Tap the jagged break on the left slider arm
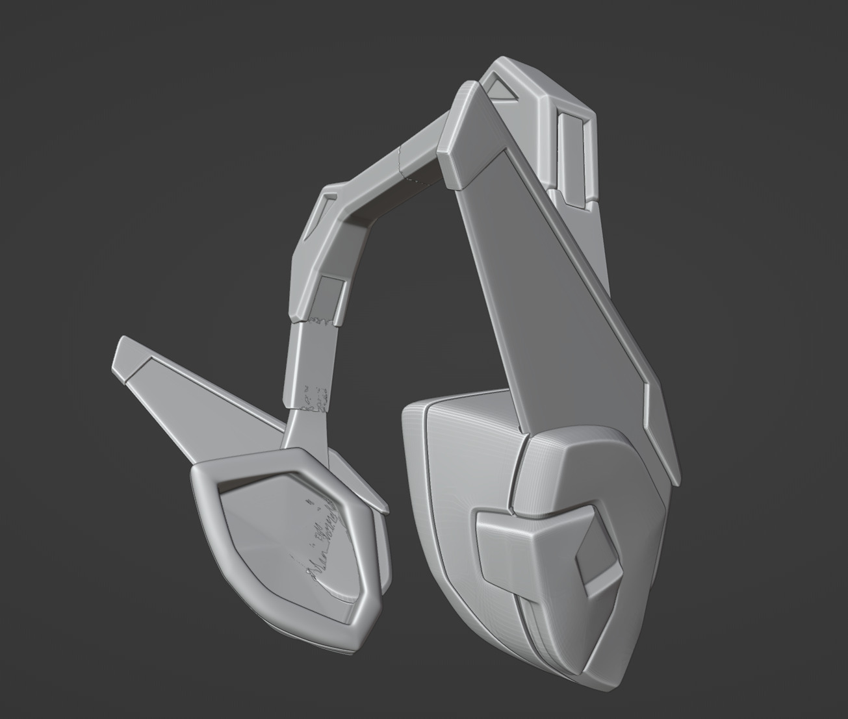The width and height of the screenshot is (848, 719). pos(318,321)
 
